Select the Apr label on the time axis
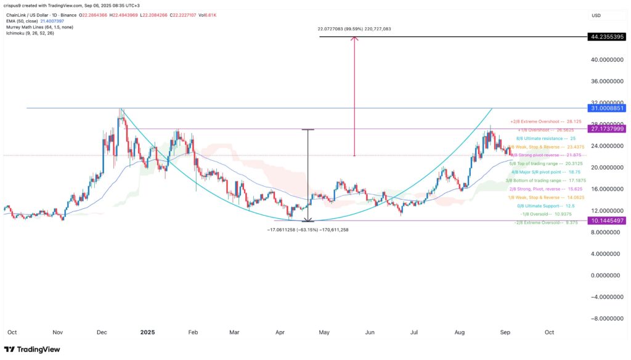pos(280,332)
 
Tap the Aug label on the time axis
pos(459,332)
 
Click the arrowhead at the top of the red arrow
pos(354,39)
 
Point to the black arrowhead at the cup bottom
pos(307,219)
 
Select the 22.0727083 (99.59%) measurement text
pos(356,29)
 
